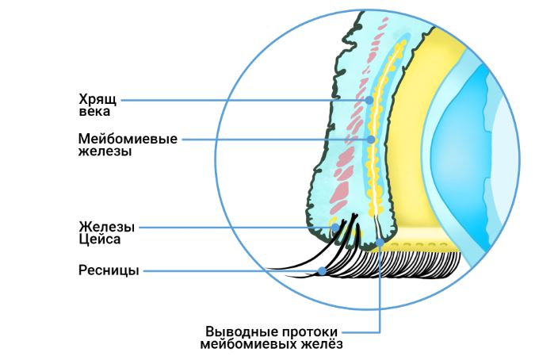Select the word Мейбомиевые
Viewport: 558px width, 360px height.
[x=127, y=140]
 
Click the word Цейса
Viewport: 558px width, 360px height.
[x=99, y=238]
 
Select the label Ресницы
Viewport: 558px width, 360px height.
[x=109, y=271]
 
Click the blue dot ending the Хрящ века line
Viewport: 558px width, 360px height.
[x=369, y=100]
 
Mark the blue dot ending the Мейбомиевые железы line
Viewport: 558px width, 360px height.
[x=371, y=140]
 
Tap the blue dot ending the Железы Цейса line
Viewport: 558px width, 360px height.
[x=335, y=228]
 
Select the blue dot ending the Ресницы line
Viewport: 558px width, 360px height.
[x=323, y=272]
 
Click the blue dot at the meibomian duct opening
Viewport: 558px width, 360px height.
[x=380, y=243]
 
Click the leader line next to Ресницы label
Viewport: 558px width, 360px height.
[x=230, y=271]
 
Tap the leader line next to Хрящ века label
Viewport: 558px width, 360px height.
[x=238, y=100]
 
